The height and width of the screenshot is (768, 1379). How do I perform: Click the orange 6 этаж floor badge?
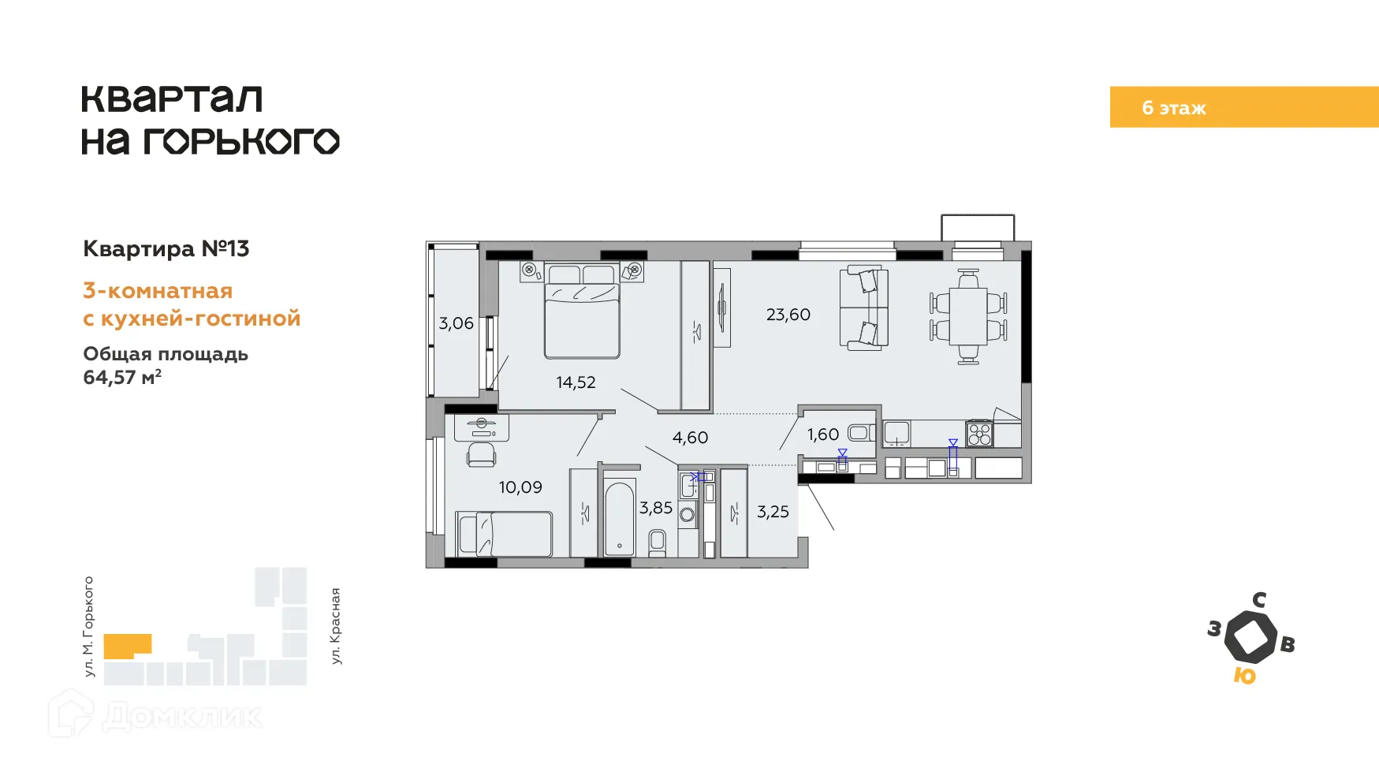[1244, 107]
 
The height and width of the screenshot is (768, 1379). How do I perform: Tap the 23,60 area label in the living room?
[788, 315]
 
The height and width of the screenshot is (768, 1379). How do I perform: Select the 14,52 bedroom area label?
[576, 382]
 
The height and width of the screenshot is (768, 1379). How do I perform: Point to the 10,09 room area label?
[520, 487]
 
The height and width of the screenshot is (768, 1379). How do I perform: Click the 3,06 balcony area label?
[457, 323]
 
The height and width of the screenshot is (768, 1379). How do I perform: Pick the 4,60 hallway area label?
[690, 438]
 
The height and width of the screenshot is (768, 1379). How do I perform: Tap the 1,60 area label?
[823, 434]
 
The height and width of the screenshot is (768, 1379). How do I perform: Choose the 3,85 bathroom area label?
[656, 508]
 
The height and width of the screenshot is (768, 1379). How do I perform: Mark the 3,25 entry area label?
[773, 512]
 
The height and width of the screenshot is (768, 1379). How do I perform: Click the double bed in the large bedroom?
[582, 312]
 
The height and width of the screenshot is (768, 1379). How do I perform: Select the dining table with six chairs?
[968, 316]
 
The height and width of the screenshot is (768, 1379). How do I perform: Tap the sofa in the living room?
[864, 308]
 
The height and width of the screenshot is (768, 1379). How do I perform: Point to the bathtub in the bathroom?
[620, 518]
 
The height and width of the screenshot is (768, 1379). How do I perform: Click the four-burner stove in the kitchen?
[979, 434]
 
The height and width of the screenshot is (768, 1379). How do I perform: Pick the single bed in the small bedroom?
[504, 534]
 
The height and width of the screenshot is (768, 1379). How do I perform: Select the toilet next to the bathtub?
[657, 543]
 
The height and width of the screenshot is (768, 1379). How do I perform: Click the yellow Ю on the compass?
[1244, 676]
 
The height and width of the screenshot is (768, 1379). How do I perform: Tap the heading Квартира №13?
[166, 249]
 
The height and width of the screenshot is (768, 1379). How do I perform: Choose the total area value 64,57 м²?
[122, 377]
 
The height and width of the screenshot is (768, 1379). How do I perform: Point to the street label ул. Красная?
[336, 626]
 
